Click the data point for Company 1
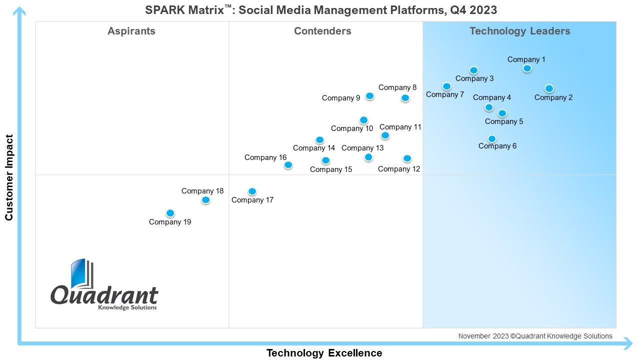[527, 68]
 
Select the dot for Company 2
[549, 88]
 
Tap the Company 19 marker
[170, 213]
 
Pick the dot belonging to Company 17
[252, 191]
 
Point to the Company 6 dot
[491, 139]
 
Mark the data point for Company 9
[369, 96]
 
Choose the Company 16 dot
[288, 165]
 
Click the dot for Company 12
[407, 158]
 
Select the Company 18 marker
[205, 200]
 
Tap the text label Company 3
[474, 78]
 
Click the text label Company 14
[313, 148]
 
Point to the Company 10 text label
[352, 128]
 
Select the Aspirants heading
[131, 31]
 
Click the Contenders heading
[322, 31]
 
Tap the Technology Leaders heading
[519, 31]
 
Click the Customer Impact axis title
[9, 177]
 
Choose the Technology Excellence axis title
[324, 353]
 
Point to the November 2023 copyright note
[535, 336]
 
